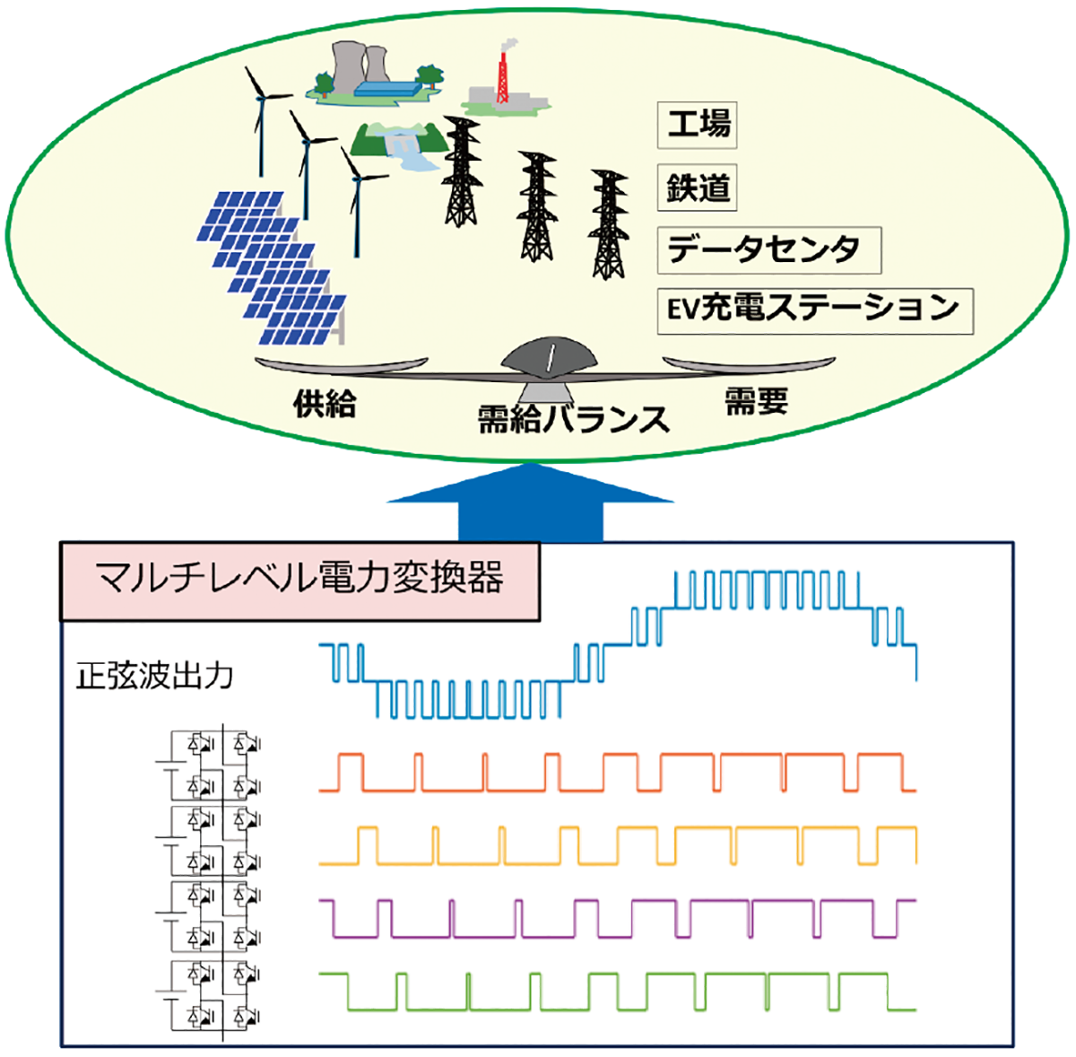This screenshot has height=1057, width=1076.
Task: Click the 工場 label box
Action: tap(698, 125)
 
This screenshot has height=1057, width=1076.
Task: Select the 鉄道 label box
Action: tap(698, 188)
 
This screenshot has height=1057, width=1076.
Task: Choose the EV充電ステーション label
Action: tap(814, 310)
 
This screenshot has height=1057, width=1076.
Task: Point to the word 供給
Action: tap(325, 405)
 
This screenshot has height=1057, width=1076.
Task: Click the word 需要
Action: tap(756, 401)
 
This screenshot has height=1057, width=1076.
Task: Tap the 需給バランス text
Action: tap(573, 419)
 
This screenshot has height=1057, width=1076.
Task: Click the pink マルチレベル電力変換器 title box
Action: tap(299, 580)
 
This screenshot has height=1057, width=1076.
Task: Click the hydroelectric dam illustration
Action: tap(401, 143)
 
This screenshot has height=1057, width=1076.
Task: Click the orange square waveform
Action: tap(619, 773)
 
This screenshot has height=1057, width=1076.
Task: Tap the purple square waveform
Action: tap(619, 917)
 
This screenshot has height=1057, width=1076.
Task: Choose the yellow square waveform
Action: tap(619, 846)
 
